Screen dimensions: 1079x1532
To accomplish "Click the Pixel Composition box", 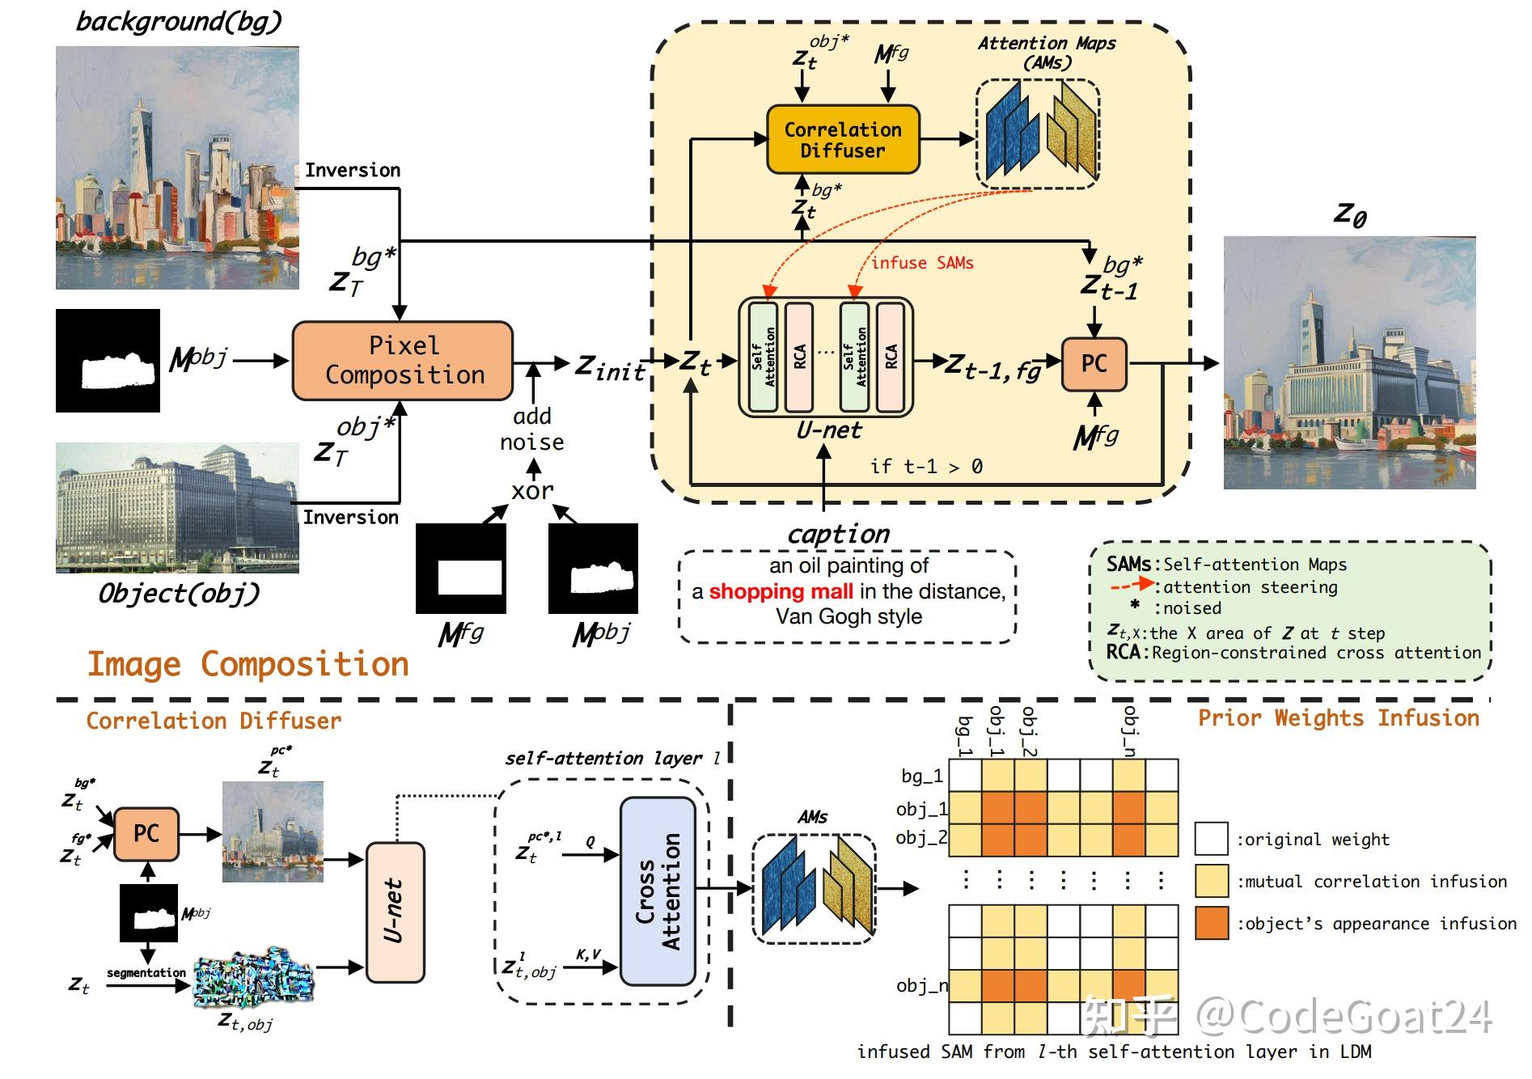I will click(x=403, y=361).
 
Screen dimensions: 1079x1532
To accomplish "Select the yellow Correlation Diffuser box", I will click(x=842, y=140).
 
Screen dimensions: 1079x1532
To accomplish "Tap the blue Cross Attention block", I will click(x=658, y=891).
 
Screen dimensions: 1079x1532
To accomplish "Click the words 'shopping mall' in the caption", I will click(x=781, y=591).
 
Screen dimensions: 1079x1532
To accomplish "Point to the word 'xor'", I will click(x=532, y=490).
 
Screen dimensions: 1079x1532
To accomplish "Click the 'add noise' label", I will click(x=531, y=429).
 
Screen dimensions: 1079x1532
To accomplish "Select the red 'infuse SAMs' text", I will click(x=921, y=263).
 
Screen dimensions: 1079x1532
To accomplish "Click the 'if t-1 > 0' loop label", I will click(x=926, y=466).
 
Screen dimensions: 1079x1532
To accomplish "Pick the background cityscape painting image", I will click(x=177, y=167).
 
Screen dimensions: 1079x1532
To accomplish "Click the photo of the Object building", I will click(x=177, y=508).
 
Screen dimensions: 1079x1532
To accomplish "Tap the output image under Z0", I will click(x=1349, y=362).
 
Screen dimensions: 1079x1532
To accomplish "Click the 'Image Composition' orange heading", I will click(x=248, y=664).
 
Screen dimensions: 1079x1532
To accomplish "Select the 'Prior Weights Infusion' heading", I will click(x=1338, y=718).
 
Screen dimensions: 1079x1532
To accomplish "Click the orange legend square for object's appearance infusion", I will click(x=1211, y=923).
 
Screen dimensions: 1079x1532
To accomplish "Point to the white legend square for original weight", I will click(x=1211, y=839).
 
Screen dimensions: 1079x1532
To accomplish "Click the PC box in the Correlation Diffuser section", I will click(x=146, y=833).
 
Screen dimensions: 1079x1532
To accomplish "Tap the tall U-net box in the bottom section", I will click(x=395, y=912).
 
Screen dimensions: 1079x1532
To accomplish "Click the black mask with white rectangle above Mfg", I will click(x=461, y=568).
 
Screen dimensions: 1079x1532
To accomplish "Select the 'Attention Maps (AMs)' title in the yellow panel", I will click(x=1047, y=53).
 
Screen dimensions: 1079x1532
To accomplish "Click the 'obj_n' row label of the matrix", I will click(x=920, y=985).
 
